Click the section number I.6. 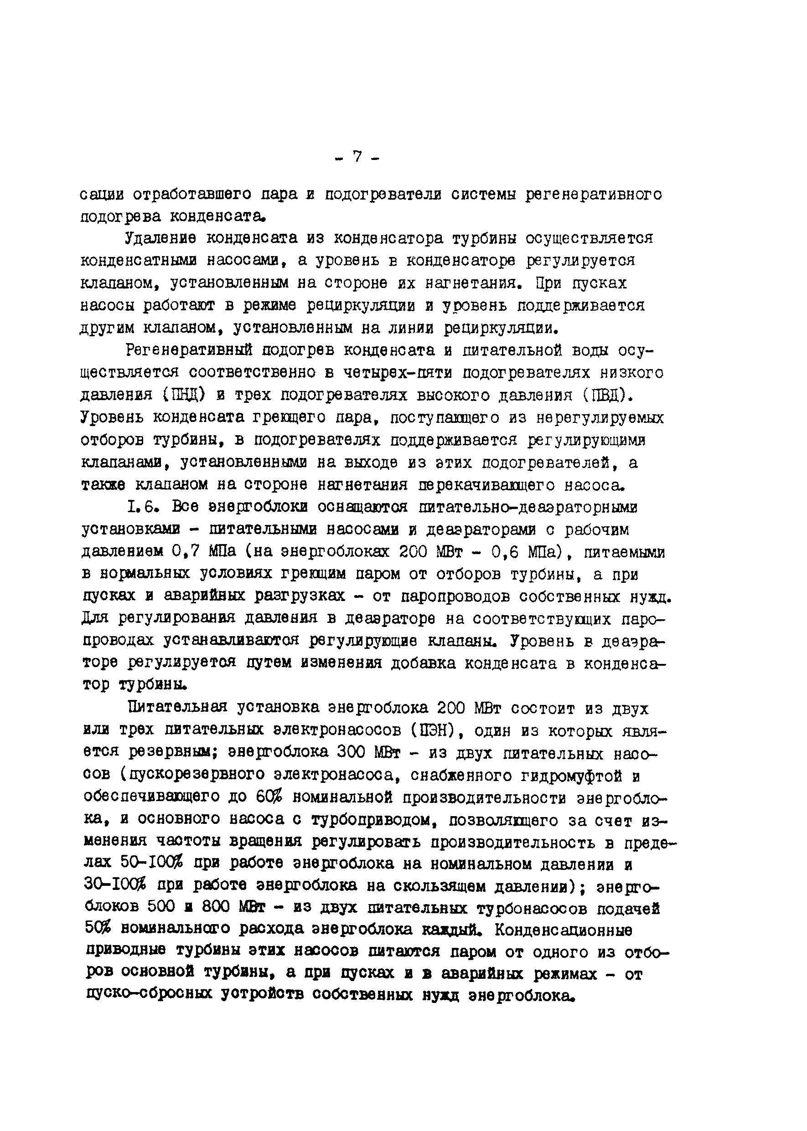[143, 507]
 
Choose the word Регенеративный [189, 350]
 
